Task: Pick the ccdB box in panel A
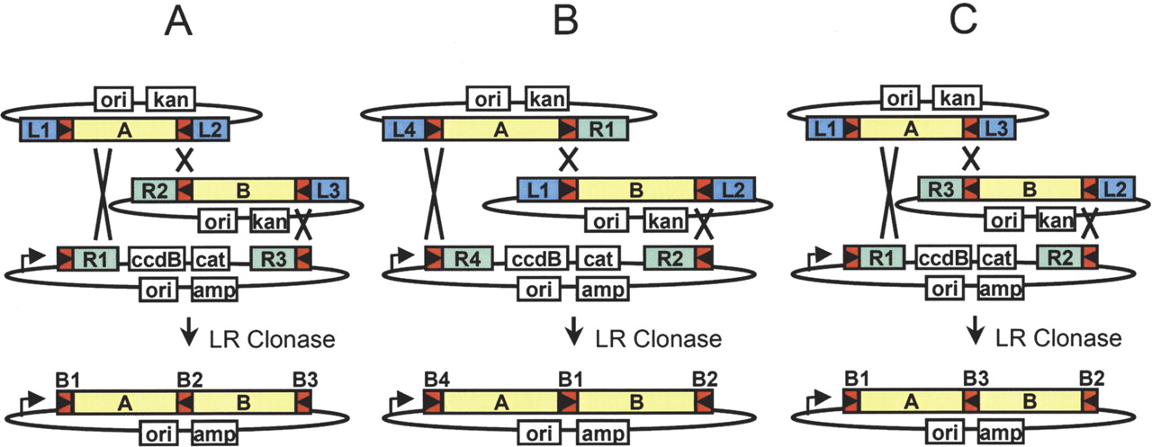click(156, 259)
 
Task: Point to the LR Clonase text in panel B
click(658, 339)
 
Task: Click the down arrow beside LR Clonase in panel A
click(188, 337)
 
